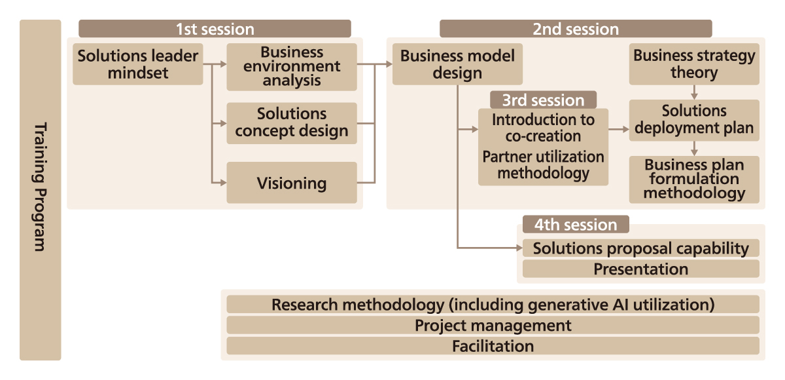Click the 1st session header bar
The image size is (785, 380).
[x=215, y=29]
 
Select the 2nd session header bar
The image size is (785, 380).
[x=575, y=29]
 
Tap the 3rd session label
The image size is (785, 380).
[x=543, y=100]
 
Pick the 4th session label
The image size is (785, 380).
[x=575, y=225]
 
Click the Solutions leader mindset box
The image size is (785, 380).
[x=137, y=64]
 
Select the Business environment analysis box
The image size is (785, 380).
[x=292, y=67]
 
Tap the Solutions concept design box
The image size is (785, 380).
[x=292, y=123]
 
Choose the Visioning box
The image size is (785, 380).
[x=292, y=183]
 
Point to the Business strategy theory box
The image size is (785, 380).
[x=694, y=64]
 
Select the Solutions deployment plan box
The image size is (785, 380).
[x=694, y=120]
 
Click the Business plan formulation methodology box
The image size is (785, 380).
[x=694, y=179]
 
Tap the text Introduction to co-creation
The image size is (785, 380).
[x=543, y=128]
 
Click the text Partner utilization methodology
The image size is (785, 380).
[x=543, y=165]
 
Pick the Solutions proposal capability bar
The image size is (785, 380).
[x=640, y=248]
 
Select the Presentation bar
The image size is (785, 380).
[x=640, y=269]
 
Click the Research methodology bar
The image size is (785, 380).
[x=493, y=305]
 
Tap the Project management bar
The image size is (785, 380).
[x=493, y=326]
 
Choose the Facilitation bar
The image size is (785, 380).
[x=493, y=346]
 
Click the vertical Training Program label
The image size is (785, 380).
[x=40, y=189]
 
